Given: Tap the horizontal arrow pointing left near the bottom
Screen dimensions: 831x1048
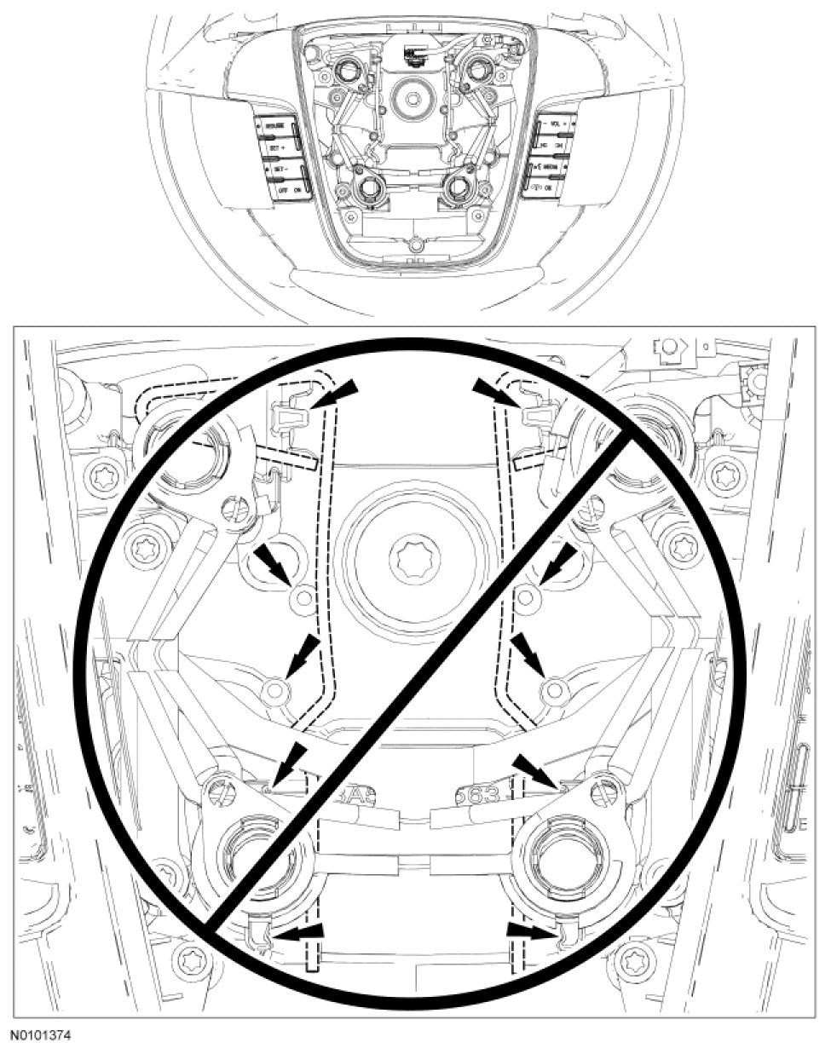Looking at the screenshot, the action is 297,934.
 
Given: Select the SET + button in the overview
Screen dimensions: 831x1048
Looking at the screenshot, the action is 274,147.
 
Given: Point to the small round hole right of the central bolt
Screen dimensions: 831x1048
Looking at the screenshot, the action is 526,597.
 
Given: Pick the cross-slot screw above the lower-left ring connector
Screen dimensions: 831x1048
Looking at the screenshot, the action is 216,787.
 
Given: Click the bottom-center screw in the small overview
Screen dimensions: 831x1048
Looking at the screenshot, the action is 415,245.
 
